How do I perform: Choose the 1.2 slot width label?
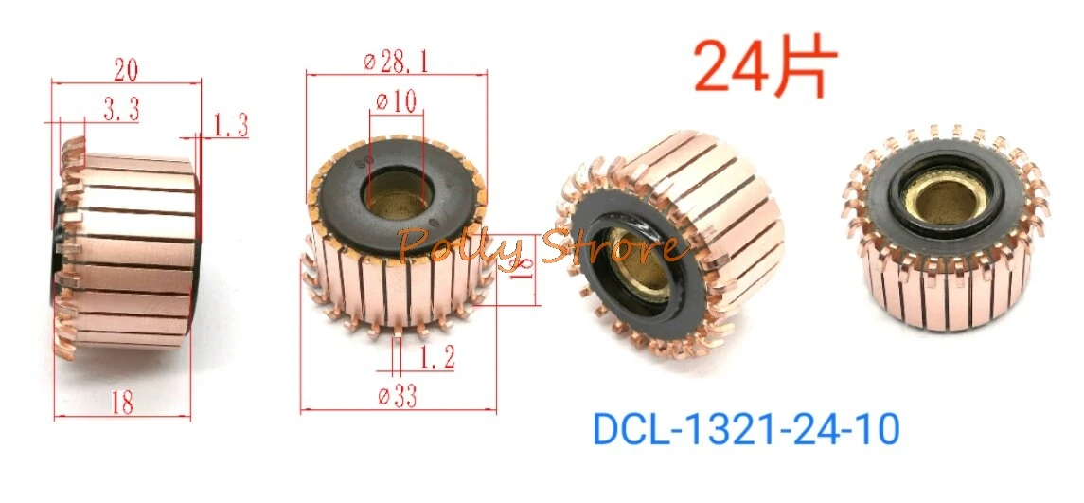[419, 357]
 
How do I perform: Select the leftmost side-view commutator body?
[128, 246]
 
